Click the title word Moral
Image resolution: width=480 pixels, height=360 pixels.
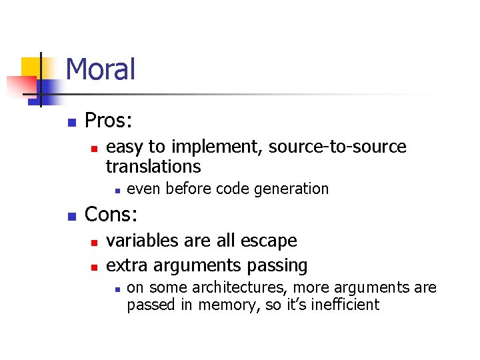101,69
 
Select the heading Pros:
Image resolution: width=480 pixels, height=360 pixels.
109,121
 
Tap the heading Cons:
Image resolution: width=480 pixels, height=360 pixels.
111,215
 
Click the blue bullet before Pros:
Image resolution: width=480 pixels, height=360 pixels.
72,123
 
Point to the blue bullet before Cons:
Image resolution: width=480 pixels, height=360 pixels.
72,217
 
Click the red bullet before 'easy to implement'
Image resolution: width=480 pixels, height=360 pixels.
94,148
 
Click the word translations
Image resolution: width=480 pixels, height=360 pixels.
153,165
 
